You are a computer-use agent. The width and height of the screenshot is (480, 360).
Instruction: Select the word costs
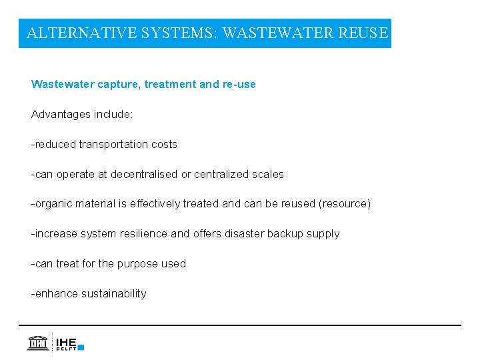(x=165, y=144)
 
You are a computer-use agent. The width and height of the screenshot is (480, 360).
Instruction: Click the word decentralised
(x=145, y=174)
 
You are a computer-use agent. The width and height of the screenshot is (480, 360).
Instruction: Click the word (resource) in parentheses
(x=345, y=204)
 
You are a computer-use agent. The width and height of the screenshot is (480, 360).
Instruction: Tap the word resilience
(x=144, y=234)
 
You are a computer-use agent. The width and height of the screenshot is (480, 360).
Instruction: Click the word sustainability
(x=113, y=293)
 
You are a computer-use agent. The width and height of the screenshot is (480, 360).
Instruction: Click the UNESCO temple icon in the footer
(x=37, y=342)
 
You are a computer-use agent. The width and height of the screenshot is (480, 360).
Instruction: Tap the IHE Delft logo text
(x=67, y=343)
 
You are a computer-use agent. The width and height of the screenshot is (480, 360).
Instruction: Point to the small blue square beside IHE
(x=81, y=347)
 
